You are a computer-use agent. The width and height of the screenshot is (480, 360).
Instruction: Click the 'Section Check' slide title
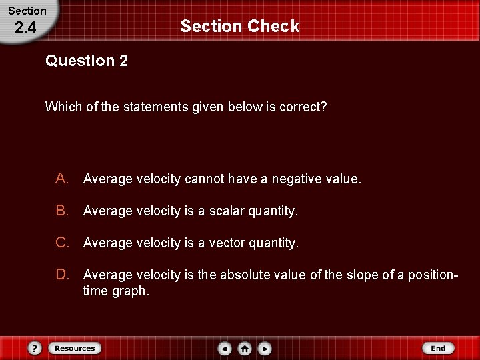click(x=240, y=26)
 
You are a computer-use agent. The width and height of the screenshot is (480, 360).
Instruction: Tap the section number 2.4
click(x=25, y=28)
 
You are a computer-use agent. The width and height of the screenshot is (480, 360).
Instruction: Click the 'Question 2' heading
click(x=87, y=61)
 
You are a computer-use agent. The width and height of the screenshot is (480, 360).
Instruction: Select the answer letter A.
click(x=63, y=178)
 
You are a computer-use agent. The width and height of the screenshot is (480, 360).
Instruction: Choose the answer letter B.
click(x=63, y=210)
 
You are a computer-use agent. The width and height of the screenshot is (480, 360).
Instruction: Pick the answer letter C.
click(x=63, y=242)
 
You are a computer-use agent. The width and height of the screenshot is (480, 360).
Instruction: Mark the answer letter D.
click(x=63, y=274)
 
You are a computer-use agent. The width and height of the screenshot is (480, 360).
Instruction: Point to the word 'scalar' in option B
click(x=227, y=211)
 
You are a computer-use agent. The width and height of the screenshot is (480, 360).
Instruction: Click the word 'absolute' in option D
click(x=245, y=275)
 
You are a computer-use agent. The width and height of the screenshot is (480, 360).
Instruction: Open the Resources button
click(x=75, y=348)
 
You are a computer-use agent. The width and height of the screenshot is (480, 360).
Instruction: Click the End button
click(x=438, y=348)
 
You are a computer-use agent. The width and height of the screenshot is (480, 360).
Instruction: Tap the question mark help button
click(x=35, y=348)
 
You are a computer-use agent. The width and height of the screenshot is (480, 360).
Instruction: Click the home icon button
click(x=245, y=348)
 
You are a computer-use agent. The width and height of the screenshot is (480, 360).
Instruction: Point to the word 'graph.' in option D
click(x=131, y=291)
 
